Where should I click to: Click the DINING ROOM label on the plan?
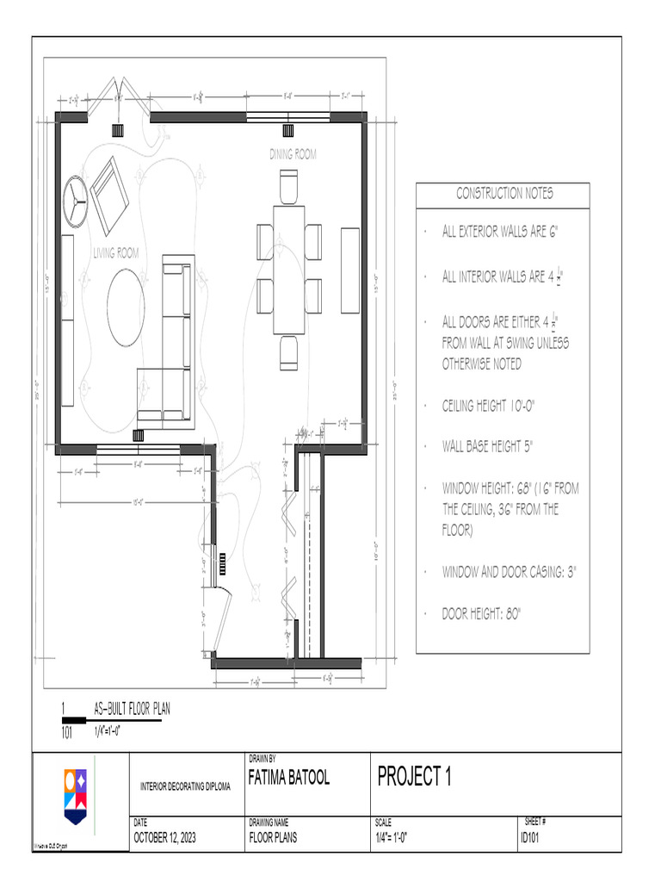coord(293,155)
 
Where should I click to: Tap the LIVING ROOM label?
coord(115,253)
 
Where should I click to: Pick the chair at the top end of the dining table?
coord(288,186)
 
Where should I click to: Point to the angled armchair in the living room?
coord(110,196)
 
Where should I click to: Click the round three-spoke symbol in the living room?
coord(75,199)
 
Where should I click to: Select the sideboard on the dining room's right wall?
coord(350,270)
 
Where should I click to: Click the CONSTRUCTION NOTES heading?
coord(504,194)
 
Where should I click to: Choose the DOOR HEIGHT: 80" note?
coord(482,613)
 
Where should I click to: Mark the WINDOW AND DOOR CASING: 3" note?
coord(510,572)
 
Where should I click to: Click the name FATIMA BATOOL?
coord(288,779)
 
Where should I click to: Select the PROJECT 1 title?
coord(414,777)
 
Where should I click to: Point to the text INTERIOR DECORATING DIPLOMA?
coord(186,786)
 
